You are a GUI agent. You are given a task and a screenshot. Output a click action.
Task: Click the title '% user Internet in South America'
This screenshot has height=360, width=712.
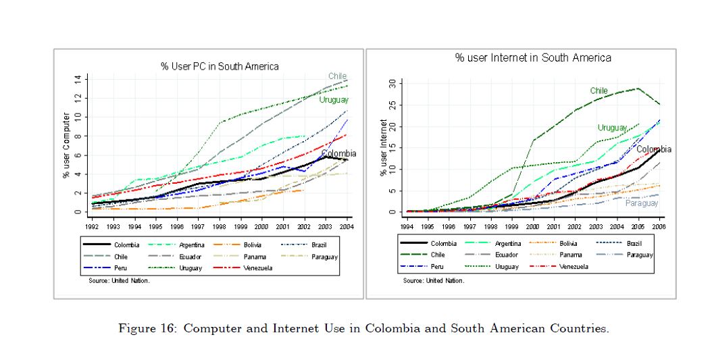[x=533, y=57]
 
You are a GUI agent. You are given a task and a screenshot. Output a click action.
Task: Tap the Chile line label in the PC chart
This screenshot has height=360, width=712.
[x=338, y=76]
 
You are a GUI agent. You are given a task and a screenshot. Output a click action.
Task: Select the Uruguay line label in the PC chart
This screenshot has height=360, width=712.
[x=334, y=100]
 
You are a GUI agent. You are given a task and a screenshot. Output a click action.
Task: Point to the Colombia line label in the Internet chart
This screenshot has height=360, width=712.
[x=654, y=149]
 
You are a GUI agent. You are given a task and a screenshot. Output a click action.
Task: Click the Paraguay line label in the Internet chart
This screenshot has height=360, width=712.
[x=641, y=203]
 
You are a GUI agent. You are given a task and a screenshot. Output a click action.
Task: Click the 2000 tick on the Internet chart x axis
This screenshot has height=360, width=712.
[x=534, y=227]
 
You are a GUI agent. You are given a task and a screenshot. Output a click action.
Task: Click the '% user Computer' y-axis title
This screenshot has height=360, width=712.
[x=67, y=145]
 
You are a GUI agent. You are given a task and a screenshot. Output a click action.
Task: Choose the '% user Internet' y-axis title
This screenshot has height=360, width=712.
[x=384, y=148]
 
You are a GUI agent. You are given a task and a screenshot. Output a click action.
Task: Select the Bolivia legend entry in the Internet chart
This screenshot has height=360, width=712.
[x=568, y=243]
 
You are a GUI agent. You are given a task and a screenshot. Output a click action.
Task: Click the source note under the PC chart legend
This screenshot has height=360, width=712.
[x=119, y=281]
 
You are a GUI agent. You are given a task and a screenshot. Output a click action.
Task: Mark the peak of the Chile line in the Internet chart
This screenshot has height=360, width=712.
[x=638, y=88]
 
